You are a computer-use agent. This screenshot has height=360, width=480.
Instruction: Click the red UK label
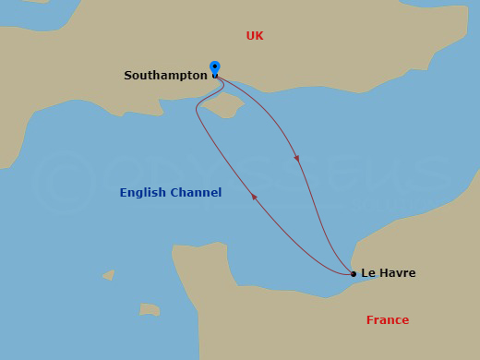tap(255, 36)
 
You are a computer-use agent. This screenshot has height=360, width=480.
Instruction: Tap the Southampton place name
tap(165, 76)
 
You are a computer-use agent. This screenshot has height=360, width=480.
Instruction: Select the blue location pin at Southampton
tap(215, 67)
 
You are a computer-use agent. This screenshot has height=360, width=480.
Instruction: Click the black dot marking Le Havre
tap(353, 273)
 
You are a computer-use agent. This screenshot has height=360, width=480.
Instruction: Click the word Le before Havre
tap(368, 273)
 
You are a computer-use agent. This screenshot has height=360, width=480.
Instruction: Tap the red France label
tap(387, 320)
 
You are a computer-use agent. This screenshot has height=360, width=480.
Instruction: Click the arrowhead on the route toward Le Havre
tap(296, 158)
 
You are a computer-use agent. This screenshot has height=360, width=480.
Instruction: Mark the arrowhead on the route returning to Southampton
tap(255, 197)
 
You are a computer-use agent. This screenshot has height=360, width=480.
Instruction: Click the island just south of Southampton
tap(223, 107)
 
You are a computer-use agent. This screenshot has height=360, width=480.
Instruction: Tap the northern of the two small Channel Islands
tap(109, 274)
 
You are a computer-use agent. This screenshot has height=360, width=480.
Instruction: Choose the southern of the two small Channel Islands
tap(150, 309)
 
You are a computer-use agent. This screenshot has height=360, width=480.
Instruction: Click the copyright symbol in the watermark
tap(65, 184)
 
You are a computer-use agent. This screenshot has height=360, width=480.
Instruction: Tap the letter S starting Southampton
tap(128, 76)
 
